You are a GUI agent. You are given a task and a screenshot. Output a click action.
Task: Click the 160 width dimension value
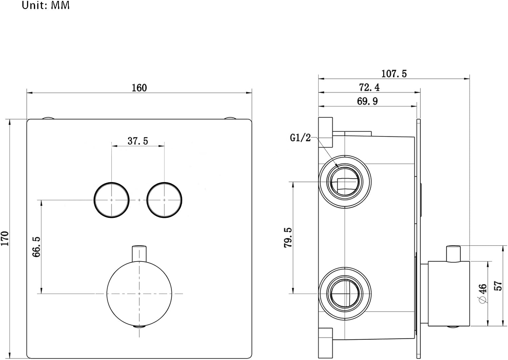(139, 88)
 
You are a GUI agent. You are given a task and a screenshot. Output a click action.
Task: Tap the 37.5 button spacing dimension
(138, 141)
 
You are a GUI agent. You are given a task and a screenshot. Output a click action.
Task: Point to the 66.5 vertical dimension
(36, 247)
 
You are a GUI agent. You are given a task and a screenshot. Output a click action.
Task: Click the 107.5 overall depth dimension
(394, 73)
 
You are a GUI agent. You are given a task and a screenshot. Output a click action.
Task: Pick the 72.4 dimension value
(369, 87)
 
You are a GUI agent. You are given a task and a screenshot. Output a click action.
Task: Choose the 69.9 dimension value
(367, 101)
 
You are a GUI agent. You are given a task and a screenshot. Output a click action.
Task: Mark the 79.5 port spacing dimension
(288, 238)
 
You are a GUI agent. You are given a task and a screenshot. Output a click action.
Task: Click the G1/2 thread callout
(300, 138)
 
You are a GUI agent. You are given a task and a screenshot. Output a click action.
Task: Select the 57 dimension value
(498, 286)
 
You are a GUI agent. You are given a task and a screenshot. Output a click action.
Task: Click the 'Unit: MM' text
(46, 5)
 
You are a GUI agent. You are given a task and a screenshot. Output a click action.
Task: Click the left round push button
(111, 200)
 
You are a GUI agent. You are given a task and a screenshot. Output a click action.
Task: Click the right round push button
(164, 200)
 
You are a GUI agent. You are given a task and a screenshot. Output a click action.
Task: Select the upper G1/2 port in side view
(345, 182)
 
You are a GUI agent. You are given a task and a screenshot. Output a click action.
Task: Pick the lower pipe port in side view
(345, 293)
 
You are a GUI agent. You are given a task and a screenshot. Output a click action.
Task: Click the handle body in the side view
(449, 294)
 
